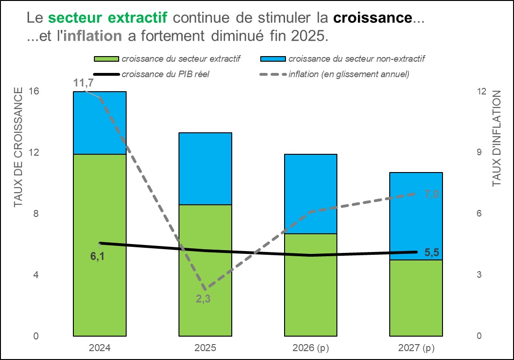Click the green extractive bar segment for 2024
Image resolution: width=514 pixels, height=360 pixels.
point(100,245)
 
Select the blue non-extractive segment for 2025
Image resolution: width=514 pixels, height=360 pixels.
point(205,168)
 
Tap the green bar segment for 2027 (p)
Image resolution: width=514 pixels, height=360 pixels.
point(416,298)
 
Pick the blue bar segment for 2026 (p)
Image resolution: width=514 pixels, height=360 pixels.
point(311,194)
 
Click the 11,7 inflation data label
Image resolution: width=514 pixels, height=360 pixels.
point(83,83)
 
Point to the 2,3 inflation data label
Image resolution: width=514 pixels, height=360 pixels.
point(203,299)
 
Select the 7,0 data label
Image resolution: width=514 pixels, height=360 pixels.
point(432,194)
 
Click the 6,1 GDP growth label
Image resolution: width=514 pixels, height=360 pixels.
point(97,256)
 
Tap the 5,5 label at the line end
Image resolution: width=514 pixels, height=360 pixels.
point(432,252)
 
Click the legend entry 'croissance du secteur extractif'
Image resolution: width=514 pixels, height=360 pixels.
point(167,59)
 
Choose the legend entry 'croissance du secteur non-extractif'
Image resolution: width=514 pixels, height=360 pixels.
point(343,59)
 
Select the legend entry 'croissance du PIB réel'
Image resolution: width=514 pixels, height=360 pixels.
point(151,74)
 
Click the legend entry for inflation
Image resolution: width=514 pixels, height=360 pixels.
point(335,74)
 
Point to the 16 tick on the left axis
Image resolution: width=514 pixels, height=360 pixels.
point(34,91)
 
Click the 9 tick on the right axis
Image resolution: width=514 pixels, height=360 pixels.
point(479,152)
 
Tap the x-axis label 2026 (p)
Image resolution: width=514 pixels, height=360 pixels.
point(311,347)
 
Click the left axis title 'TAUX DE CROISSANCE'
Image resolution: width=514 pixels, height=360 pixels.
point(18,147)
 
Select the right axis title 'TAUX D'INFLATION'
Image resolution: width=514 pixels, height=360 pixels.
point(497,138)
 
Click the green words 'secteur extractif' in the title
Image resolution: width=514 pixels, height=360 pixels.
point(108,18)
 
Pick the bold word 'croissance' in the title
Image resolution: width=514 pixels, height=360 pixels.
point(373,18)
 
